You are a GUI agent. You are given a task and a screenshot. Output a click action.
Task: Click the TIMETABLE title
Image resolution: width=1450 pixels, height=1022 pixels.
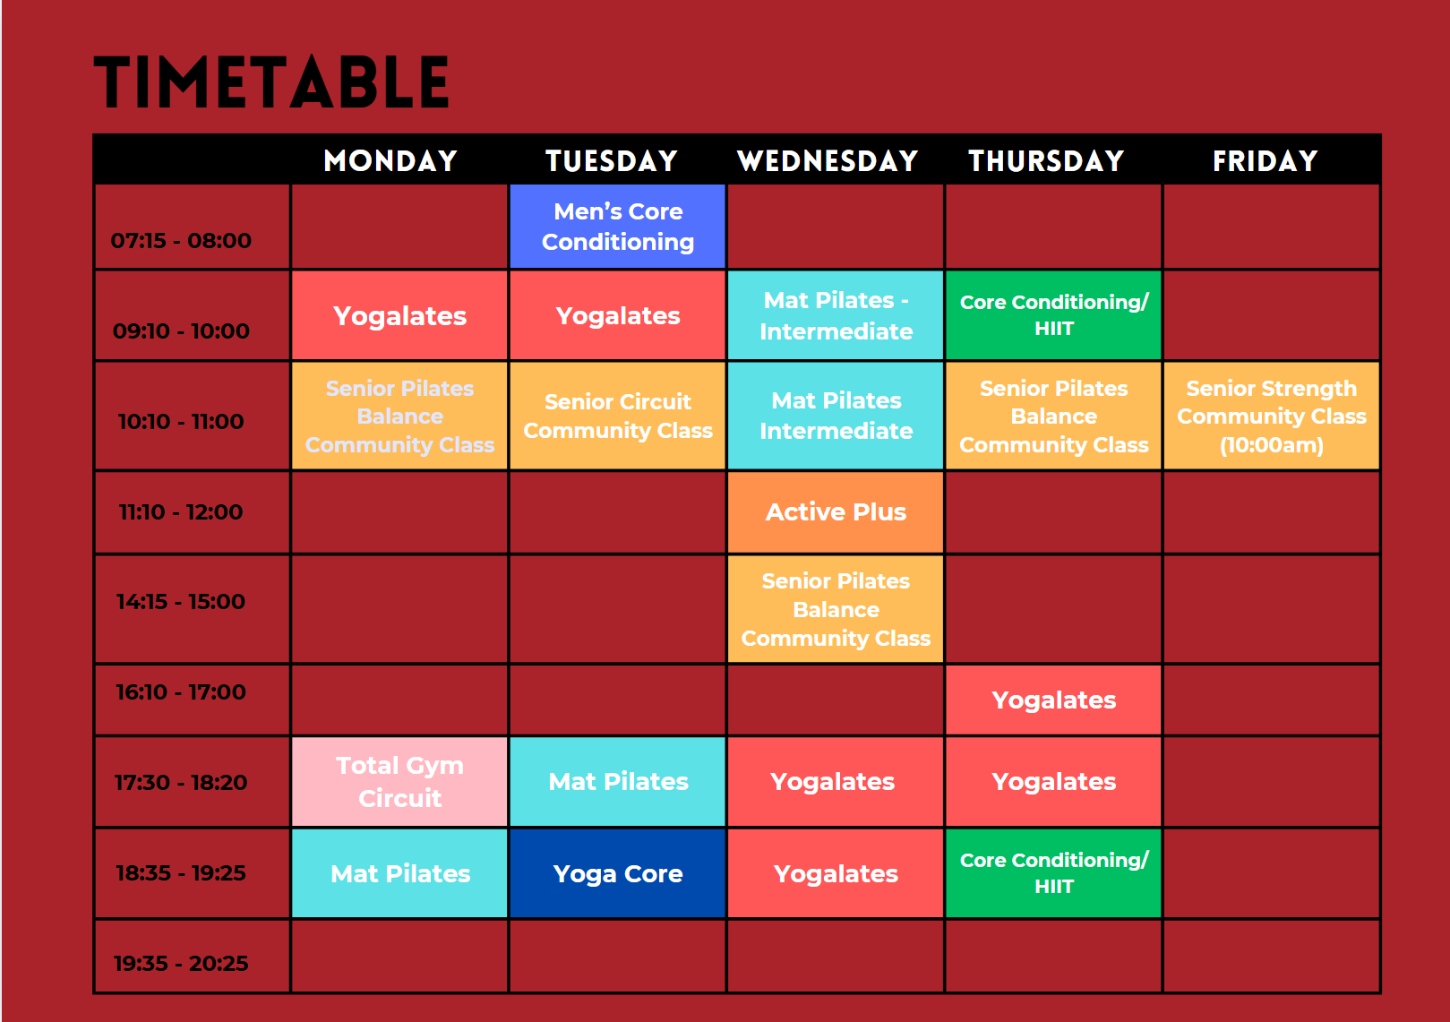point(271,82)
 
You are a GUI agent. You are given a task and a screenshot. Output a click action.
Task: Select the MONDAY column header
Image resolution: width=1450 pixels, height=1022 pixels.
point(390,160)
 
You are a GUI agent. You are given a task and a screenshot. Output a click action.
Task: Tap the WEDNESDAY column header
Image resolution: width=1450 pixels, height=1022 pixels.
point(828,160)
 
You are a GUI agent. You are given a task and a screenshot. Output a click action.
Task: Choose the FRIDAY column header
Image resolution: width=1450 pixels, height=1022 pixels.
point(1265,160)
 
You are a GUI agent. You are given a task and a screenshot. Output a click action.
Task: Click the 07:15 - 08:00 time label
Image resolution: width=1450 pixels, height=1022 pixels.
point(181,241)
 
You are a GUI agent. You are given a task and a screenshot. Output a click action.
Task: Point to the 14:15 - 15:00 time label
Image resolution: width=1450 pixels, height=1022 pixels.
point(181,602)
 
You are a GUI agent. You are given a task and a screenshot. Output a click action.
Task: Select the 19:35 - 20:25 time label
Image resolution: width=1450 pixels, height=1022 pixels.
point(181,964)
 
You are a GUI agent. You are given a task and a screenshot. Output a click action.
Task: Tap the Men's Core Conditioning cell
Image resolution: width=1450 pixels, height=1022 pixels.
point(618,227)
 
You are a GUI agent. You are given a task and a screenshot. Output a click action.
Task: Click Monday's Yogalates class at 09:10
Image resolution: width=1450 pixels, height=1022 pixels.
point(399,315)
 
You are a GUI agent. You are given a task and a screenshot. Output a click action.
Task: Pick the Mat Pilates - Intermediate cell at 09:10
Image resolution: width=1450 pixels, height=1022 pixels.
point(836,315)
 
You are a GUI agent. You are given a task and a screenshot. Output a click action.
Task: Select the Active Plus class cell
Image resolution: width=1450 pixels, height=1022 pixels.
point(836,512)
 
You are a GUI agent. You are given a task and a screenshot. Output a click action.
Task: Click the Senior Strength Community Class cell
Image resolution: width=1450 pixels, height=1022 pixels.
point(1272,416)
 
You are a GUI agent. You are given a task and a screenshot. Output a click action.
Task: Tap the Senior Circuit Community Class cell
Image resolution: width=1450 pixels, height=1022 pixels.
point(618,416)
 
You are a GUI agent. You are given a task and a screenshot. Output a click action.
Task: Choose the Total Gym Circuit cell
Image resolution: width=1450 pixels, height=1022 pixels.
point(399,782)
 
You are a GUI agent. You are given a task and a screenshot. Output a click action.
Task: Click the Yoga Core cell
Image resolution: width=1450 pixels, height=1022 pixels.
point(618,874)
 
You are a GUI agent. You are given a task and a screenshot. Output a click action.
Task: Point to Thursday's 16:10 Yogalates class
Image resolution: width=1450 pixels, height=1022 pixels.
point(1053,700)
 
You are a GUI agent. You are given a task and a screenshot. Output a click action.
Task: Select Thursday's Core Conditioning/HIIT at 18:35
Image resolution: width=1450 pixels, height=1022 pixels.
point(1053,874)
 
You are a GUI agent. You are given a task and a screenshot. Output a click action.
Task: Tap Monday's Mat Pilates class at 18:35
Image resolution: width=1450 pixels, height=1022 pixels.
point(399,874)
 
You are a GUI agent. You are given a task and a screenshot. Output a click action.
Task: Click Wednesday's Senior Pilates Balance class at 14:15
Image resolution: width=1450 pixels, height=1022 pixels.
point(836,609)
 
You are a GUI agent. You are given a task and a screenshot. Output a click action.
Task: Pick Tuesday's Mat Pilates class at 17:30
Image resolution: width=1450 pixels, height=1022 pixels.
point(618,782)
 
